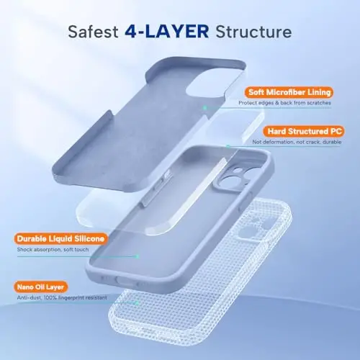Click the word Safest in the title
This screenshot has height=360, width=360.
coord(93,32)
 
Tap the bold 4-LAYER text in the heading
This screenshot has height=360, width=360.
coord(167,32)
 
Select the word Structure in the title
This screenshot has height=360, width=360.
coord(253,32)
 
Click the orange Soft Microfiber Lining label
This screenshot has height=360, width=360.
coord(289,92)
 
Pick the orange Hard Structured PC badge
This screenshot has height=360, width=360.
coord(303,131)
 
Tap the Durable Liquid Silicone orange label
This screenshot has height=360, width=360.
coord(60,239)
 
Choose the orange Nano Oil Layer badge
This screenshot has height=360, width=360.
coord(40,287)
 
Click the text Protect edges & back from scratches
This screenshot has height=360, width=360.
coord(284,103)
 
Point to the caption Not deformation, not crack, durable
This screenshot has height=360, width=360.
coord(297,142)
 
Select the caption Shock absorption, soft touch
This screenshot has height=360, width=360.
coord(53,250)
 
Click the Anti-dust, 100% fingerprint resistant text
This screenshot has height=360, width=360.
coord(62,298)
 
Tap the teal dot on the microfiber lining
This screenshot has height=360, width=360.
coord(204,108)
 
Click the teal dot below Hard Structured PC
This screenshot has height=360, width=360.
coord(228,146)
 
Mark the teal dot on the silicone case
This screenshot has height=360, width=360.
coord(137,256)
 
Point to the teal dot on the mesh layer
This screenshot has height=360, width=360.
coord(137,303)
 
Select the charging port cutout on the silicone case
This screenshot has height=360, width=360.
coord(123,281)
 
